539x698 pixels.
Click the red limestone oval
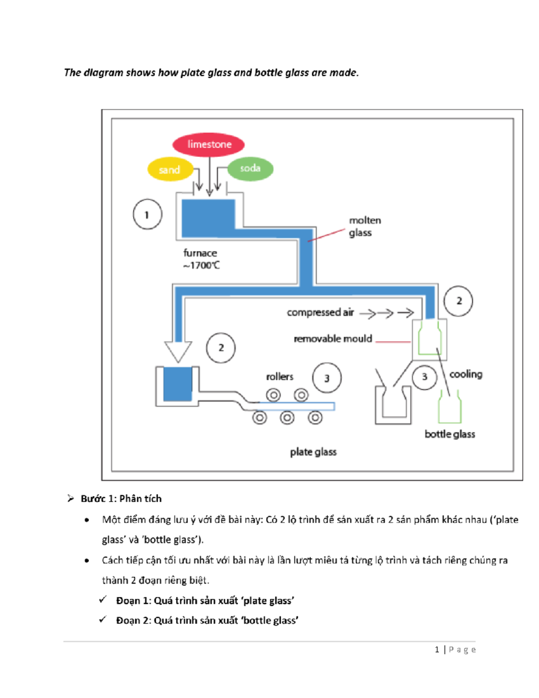point(208,145)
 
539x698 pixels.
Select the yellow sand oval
point(170,169)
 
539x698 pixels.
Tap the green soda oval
point(250,169)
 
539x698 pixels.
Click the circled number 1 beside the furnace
point(147,215)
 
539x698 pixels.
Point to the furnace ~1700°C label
point(201,259)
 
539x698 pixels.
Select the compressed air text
point(320,312)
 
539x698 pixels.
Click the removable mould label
point(333,339)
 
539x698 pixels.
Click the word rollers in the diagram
point(279,377)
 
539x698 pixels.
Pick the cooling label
point(466,374)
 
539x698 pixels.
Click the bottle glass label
point(450,434)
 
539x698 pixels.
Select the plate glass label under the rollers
point(313,452)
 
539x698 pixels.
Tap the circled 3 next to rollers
point(327,378)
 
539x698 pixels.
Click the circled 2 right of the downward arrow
point(221,348)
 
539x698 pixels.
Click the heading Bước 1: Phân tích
point(121,498)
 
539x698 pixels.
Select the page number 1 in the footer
point(437,649)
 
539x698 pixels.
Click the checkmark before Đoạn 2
point(103,620)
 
